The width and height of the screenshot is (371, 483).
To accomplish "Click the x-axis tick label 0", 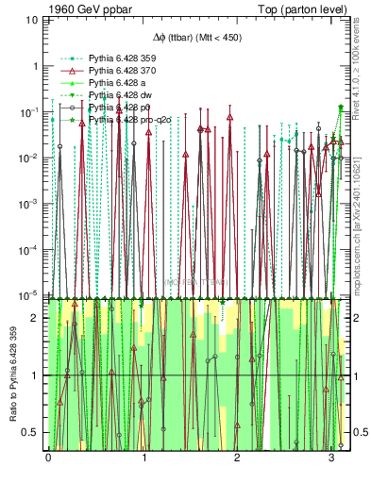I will click(x=48, y=458).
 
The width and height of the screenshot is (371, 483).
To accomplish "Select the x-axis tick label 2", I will click(x=237, y=458).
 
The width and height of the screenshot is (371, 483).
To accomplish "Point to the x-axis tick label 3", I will click(x=331, y=458).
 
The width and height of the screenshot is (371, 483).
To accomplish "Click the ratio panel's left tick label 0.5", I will click(x=33, y=432).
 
